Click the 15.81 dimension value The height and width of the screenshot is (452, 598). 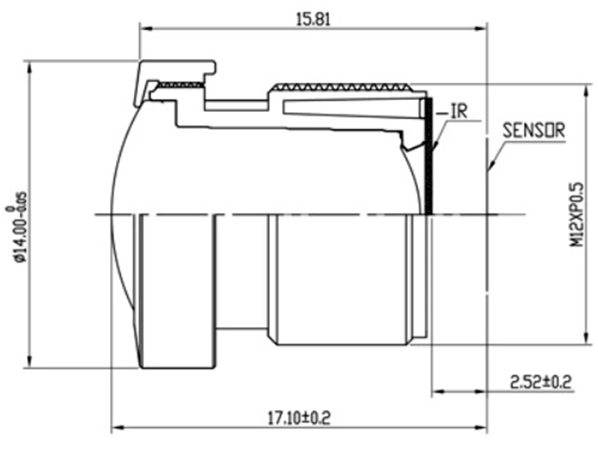(313, 19)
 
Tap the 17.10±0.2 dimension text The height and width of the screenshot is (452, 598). (298, 418)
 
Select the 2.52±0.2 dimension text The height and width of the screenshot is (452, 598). (541, 382)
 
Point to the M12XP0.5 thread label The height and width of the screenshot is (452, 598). (576, 214)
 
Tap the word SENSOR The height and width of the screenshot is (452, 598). (534, 130)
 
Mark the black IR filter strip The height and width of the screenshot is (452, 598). (428, 156)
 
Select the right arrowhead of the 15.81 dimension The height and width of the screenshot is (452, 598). (481, 28)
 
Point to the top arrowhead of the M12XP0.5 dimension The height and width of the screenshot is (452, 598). (586, 91)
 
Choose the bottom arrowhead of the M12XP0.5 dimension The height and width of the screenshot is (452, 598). (586, 338)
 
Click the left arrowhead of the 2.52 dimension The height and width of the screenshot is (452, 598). (438, 391)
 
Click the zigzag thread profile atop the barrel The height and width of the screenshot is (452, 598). (342, 87)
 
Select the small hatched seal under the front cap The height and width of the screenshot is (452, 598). (180, 84)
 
